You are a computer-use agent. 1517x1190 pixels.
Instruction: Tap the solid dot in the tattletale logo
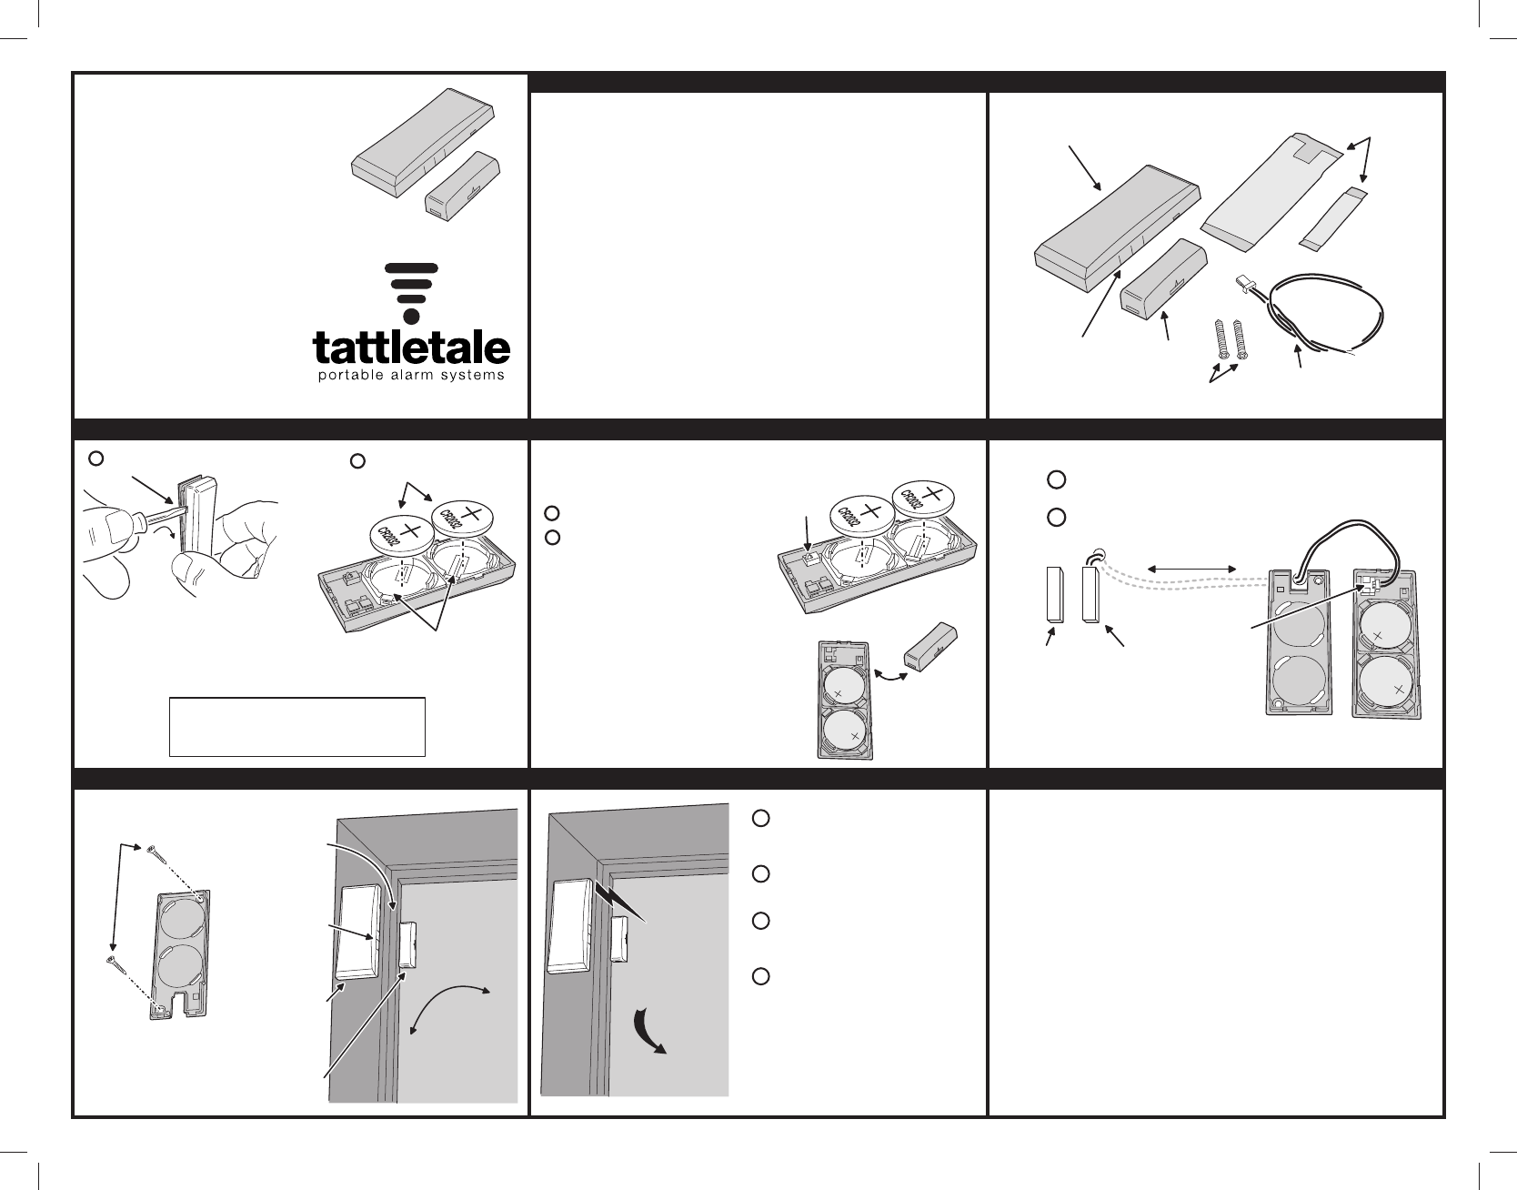pos(411,317)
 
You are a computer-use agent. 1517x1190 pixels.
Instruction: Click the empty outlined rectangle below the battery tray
pos(297,726)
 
